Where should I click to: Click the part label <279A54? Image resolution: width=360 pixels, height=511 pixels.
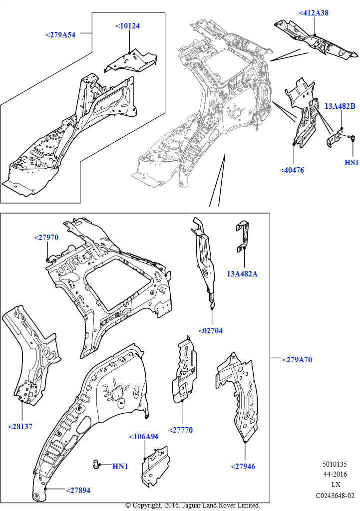(60, 35)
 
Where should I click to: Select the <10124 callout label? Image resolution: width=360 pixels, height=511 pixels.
(128, 25)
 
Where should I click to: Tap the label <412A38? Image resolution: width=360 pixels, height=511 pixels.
(314, 13)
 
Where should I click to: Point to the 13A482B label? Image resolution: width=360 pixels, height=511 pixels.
(340, 106)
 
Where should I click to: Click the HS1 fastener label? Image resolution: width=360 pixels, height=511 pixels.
(352, 163)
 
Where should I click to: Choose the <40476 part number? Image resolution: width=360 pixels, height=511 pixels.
(292, 170)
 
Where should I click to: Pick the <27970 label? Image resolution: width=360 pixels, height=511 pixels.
(46, 238)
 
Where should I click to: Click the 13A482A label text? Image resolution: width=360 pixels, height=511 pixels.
(242, 274)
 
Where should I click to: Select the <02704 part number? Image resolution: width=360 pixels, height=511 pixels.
(210, 330)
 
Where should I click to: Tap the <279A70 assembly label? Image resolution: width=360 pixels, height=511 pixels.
(297, 359)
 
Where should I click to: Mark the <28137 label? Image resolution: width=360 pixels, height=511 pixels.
(20, 426)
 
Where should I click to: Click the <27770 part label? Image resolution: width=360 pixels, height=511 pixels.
(180, 430)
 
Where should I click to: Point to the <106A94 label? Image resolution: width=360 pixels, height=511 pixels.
(144, 436)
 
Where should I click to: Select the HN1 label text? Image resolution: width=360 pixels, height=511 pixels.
(120, 467)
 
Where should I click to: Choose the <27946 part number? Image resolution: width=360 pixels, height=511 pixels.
(243, 467)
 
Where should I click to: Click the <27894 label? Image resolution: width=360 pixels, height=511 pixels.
(78, 491)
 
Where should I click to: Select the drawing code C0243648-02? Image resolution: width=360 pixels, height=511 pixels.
(335, 496)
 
